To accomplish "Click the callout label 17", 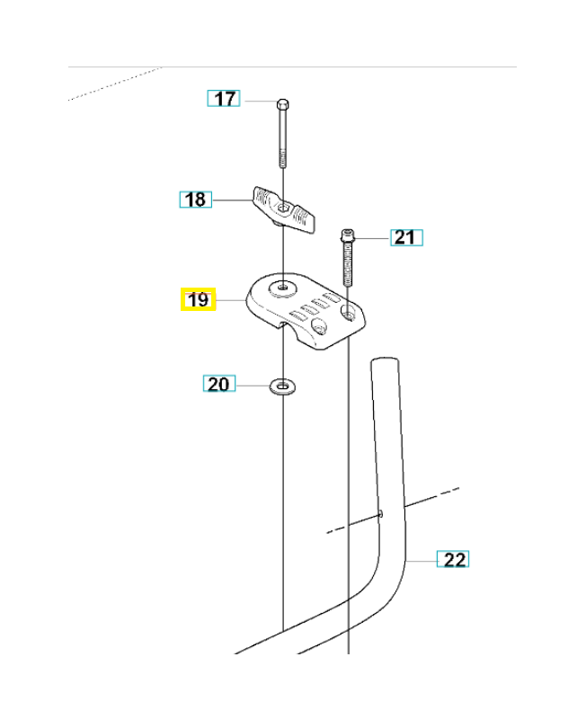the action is (x=224, y=99).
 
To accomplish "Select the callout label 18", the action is (x=195, y=200).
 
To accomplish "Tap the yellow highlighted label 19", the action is (x=198, y=299).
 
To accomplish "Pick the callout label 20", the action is (x=218, y=385).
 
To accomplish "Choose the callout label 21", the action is (x=405, y=237).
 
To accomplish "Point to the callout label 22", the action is (x=454, y=559).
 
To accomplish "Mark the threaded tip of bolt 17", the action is (x=283, y=161).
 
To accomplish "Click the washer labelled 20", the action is (x=283, y=386).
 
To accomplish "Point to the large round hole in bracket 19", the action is (x=284, y=287).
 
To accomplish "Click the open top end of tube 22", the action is (x=384, y=362).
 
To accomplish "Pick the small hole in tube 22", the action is (x=381, y=514).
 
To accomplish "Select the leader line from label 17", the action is (x=258, y=101).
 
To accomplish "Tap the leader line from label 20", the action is (x=252, y=386).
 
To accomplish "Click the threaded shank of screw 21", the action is (x=348, y=265).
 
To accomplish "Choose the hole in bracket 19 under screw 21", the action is (x=348, y=314).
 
